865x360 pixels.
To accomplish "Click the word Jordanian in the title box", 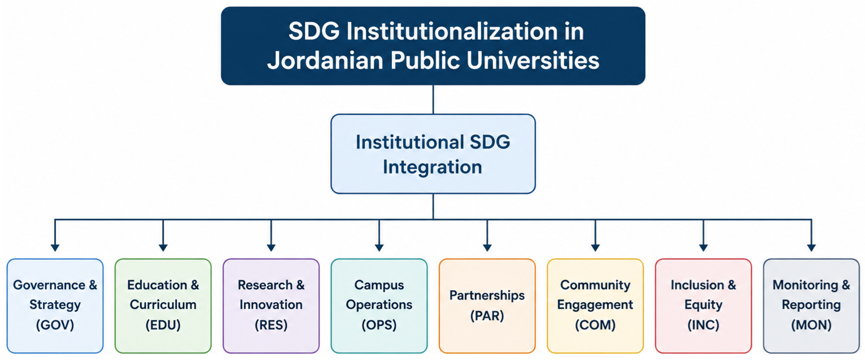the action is pyautogui.click(x=325, y=61).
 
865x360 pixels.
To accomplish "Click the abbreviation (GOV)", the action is pyautogui.click(x=55, y=325).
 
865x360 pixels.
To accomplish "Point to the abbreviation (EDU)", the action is pyautogui.click(x=163, y=325).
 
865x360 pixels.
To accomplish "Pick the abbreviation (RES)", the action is pyautogui.click(x=271, y=325).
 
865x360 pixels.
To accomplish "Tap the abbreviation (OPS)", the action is pyautogui.click(x=379, y=325).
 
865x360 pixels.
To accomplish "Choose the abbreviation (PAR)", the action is pyautogui.click(x=487, y=316).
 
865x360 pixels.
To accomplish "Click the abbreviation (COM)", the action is pyautogui.click(x=595, y=325).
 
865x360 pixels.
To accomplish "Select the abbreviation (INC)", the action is pyautogui.click(x=703, y=325).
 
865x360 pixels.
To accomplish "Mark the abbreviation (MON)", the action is pyautogui.click(x=811, y=325).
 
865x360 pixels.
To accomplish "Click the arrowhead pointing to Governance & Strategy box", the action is pyautogui.click(x=55, y=248).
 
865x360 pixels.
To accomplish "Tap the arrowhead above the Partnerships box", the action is pyautogui.click(x=487, y=248).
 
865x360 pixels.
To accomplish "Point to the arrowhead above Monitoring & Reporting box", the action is pyautogui.click(x=811, y=248).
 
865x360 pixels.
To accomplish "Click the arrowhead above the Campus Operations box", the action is pyautogui.click(x=379, y=248).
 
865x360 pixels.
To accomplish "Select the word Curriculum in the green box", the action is pyautogui.click(x=163, y=305).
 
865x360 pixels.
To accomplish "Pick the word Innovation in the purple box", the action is pyautogui.click(x=271, y=305).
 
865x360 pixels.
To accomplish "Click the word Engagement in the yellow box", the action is pyautogui.click(x=595, y=305).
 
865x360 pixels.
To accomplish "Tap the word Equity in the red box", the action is pyautogui.click(x=703, y=305).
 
